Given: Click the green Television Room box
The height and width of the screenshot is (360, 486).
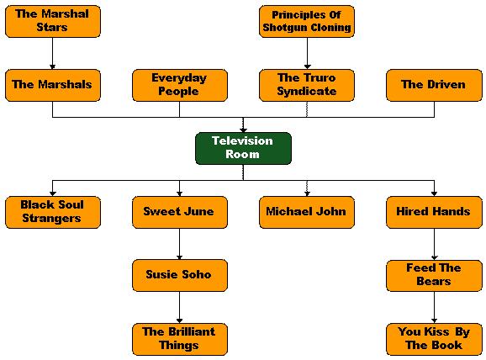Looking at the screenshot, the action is click(x=243, y=148).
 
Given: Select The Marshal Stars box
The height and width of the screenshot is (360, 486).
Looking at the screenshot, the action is click(x=53, y=21).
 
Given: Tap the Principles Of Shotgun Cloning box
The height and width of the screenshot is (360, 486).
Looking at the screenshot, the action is click(x=307, y=21).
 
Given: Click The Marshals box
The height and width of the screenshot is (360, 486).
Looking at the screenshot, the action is click(x=53, y=85).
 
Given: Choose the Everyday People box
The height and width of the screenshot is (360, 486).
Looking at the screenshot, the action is click(x=180, y=85).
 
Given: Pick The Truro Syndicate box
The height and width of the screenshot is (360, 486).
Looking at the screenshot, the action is click(x=307, y=85).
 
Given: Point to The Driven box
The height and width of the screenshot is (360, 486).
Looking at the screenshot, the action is click(x=434, y=85).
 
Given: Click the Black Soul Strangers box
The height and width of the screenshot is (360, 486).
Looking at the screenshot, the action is click(x=53, y=213).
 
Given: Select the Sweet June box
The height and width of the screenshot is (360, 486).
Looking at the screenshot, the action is click(x=180, y=213).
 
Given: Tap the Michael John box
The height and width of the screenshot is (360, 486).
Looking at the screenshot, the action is click(x=307, y=213).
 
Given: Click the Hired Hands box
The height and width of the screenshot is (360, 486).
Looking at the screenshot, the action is click(x=434, y=213).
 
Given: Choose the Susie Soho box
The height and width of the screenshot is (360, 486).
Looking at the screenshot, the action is click(x=180, y=275).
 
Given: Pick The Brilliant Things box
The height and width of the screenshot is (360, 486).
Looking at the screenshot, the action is click(x=180, y=339).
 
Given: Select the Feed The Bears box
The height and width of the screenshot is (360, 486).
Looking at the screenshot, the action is click(x=434, y=276).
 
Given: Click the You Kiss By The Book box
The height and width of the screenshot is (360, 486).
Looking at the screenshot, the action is click(x=434, y=339).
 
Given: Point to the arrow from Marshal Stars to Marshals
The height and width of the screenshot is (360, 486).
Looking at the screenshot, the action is click(x=52, y=53).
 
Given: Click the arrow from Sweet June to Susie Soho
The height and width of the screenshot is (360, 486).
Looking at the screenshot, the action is click(x=179, y=244).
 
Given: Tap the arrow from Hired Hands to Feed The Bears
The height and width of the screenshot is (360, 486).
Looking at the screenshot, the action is click(x=434, y=244).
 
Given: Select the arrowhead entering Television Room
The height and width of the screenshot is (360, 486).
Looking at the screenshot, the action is click(x=243, y=130).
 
